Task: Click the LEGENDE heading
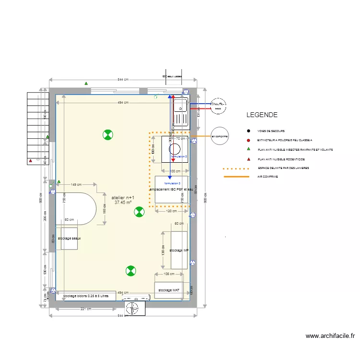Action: (x=262, y=115)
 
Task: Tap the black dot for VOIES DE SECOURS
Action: (x=248, y=131)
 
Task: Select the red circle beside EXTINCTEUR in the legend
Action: (x=248, y=140)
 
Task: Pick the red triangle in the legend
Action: (x=248, y=159)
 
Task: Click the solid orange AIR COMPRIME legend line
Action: (x=236, y=177)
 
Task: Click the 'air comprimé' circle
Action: (x=219, y=136)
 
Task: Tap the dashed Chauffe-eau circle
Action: (x=218, y=106)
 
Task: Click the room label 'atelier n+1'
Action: (x=123, y=198)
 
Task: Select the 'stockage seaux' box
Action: (x=70, y=238)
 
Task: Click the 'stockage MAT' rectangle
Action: (x=168, y=290)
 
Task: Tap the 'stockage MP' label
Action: (x=179, y=251)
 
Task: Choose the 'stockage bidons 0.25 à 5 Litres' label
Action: (x=86, y=296)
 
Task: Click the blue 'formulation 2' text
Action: (x=179, y=156)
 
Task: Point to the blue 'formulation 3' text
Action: (x=172, y=183)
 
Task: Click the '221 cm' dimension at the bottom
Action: (x=86, y=309)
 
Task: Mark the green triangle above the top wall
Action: (x=86, y=84)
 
